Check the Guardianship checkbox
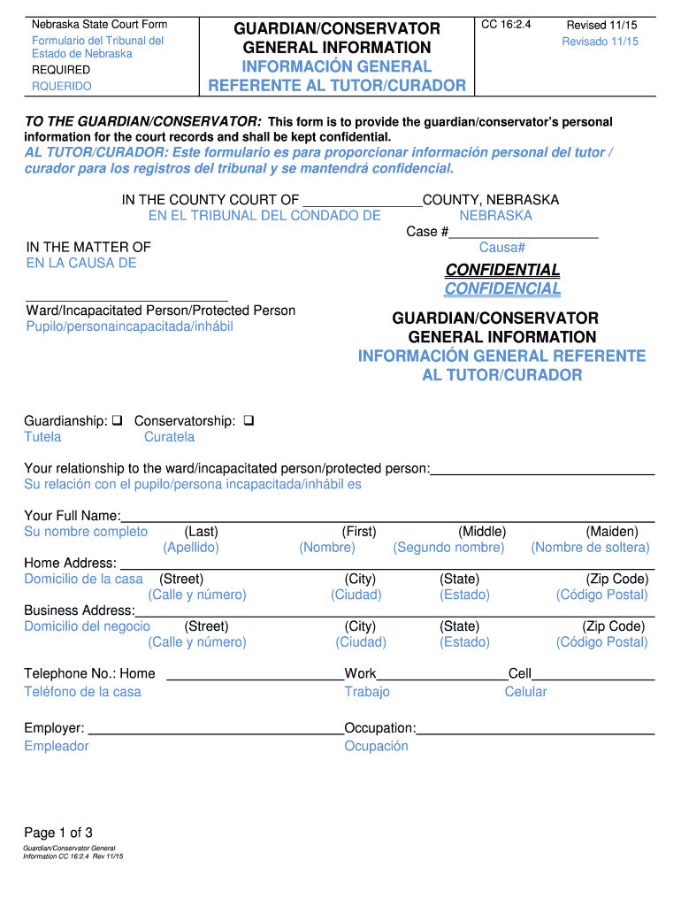coord(117,421)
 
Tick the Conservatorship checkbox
coord(248,421)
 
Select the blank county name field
coord(362,202)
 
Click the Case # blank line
coord(524,233)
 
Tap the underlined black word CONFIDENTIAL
coord(502,270)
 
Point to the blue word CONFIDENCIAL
coord(502,289)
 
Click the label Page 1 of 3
coord(58,833)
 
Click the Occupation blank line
coord(535,730)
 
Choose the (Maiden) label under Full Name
coord(611,532)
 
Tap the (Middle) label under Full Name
coord(482,532)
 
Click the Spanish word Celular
coord(525,692)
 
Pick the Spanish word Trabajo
coord(367,692)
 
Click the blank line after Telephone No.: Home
coord(255,676)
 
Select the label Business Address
coord(80,610)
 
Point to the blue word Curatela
coord(169,437)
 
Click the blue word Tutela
coord(42,437)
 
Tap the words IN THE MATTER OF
coord(88,247)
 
